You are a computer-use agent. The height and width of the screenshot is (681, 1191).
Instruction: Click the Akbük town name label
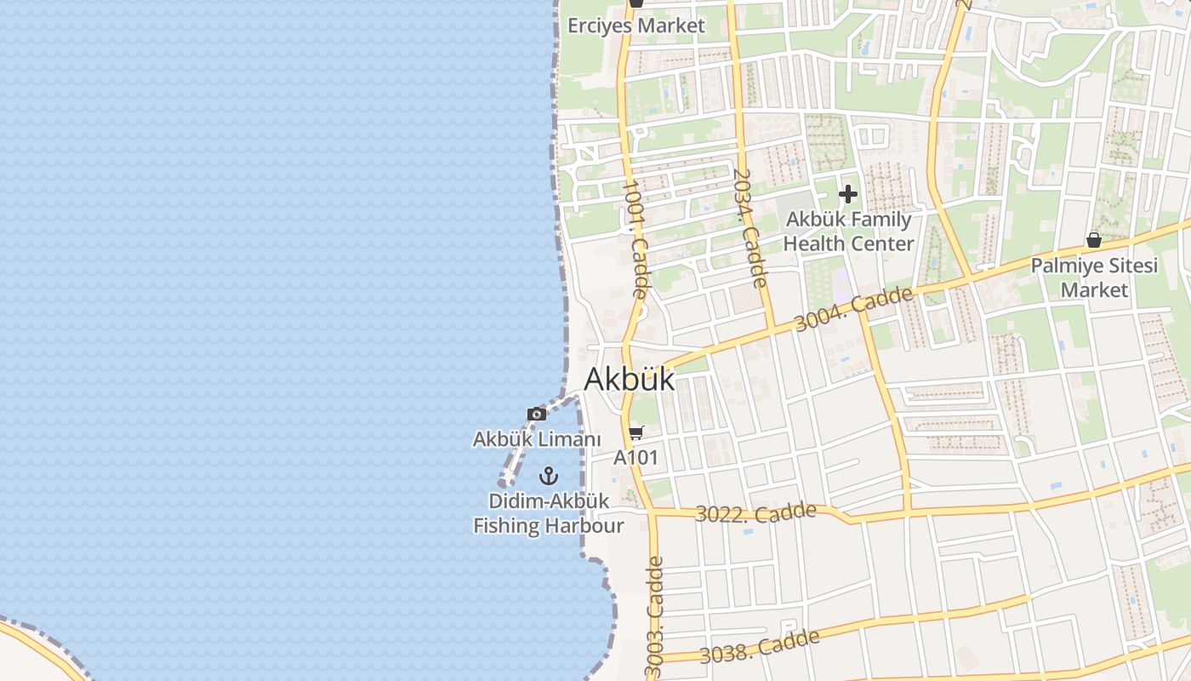pyautogui.click(x=629, y=379)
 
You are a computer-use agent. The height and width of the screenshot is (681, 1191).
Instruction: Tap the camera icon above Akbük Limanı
pyautogui.click(x=537, y=415)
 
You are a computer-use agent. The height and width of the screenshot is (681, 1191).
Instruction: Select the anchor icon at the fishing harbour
pyautogui.click(x=549, y=475)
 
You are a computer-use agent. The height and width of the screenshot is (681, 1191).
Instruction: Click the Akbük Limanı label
pyautogui.click(x=537, y=439)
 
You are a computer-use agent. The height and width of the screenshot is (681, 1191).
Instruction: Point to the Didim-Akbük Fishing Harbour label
pyautogui.click(x=549, y=513)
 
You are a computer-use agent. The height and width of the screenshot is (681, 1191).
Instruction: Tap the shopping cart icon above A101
pyautogui.click(x=636, y=432)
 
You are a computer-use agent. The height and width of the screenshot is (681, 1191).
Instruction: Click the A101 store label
pyautogui.click(x=636, y=457)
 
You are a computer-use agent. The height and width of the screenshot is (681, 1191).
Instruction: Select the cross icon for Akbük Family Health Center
pyautogui.click(x=847, y=195)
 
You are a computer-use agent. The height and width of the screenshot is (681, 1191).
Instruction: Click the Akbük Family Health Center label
pyautogui.click(x=848, y=232)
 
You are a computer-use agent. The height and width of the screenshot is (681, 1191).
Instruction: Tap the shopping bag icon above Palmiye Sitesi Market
pyautogui.click(x=1093, y=241)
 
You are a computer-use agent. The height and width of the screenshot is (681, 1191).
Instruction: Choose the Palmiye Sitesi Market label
pyautogui.click(x=1094, y=278)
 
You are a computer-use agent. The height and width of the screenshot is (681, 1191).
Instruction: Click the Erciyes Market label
pyautogui.click(x=636, y=26)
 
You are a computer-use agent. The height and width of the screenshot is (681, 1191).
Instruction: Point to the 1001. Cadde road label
pyautogui.click(x=635, y=237)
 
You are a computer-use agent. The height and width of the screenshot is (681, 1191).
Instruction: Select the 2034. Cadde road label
pyautogui.click(x=749, y=227)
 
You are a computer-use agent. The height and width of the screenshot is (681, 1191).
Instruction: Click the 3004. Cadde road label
pyautogui.click(x=854, y=310)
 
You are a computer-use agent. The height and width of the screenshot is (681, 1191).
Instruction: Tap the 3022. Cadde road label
pyautogui.click(x=755, y=513)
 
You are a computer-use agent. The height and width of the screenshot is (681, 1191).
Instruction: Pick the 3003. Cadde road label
pyautogui.click(x=654, y=617)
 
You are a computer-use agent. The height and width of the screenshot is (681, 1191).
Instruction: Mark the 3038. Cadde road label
pyautogui.click(x=760, y=645)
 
